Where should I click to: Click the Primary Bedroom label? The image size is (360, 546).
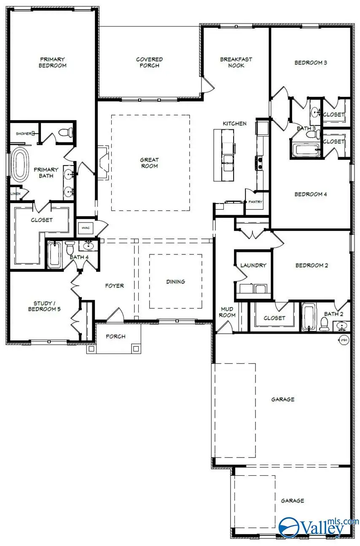(x=53, y=62)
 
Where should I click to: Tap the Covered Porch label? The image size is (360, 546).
(x=149, y=62)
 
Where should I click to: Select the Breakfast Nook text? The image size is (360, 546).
(x=236, y=62)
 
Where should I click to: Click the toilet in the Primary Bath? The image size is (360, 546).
(x=64, y=133)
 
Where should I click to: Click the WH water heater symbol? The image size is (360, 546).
(x=343, y=339)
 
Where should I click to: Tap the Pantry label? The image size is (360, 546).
(x=255, y=202)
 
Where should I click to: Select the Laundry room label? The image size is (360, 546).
(x=253, y=265)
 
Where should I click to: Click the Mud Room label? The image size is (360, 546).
(x=228, y=312)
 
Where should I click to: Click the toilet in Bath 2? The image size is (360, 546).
(x=325, y=324)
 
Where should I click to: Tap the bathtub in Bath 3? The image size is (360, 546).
(x=305, y=150)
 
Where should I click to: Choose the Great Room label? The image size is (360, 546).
(x=149, y=163)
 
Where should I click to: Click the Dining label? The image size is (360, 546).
(x=175, y=281)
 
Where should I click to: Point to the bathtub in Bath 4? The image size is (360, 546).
(x=54, y=254)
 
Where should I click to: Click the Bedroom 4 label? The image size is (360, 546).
(x=311, y=194)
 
